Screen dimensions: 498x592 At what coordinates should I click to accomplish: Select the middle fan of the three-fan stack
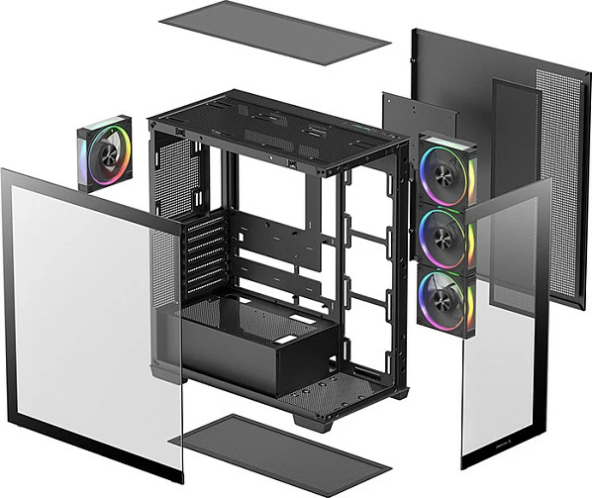tap(446, 237)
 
